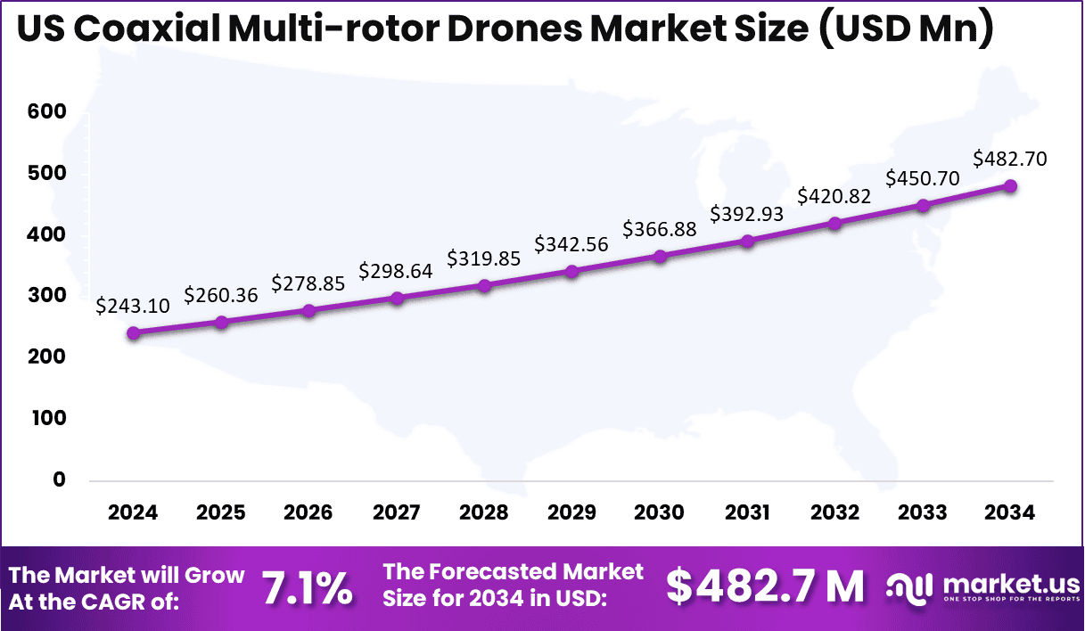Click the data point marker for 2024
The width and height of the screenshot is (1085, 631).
click(133, 333)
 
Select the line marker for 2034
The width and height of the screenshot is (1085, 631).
click(1011, 186)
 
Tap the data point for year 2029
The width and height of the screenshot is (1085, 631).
click(571, 271)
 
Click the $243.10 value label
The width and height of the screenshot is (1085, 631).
click(133, 306)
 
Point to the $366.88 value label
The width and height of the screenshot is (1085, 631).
click(660, 229)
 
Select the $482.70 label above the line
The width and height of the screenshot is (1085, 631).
click(1010, 160)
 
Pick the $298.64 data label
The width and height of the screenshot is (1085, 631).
click(396, 270)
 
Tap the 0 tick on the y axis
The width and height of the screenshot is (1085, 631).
click(59, 479)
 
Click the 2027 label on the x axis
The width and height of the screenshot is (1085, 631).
click(396, 512)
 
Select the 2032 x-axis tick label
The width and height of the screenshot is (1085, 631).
click(834, 512)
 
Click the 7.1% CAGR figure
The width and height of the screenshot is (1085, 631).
click(307, 587)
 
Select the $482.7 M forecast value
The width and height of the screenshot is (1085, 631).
click(765, 586)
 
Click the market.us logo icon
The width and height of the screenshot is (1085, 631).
click(909, 587)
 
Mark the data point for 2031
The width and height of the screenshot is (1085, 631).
click(747, 241)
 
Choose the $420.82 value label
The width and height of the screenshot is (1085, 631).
click(834, 196)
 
